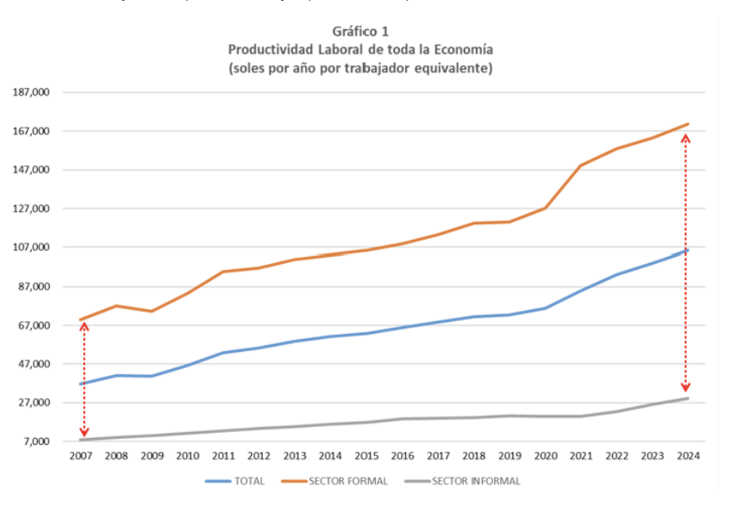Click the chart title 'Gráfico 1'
[360, 31]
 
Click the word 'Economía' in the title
[465, 49]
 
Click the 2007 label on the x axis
[81, 455]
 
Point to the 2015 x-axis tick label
[366, 455]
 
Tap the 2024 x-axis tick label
[687, 455]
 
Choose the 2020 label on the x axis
[545, 455]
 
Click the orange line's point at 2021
[580, 166]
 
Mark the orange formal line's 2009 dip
[152, 311]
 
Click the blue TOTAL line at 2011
[223, 353]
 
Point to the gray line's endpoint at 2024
[687, 398]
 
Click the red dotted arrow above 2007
[84, 379]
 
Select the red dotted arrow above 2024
[685, 263]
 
